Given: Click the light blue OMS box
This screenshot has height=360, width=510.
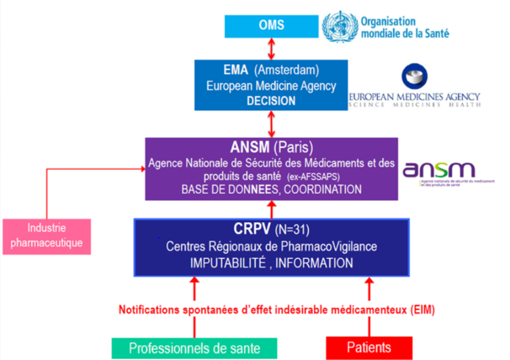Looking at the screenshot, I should coord(271,26).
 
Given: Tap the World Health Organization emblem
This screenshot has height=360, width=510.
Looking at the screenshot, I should coord(340,27).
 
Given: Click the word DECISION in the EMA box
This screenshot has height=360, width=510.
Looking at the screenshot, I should coord(271,101).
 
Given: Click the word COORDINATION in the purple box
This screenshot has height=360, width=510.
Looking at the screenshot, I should coord(322,190).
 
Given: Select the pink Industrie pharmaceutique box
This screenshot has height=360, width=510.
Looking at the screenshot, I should coord(46,236).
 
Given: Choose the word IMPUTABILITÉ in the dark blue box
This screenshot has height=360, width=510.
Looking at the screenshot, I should coord(227,263).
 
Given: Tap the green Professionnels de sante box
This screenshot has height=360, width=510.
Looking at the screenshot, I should coord(194,348).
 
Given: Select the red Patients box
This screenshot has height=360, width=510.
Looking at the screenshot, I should coord(369,347).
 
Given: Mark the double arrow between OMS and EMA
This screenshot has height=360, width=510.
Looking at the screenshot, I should coord(272,49).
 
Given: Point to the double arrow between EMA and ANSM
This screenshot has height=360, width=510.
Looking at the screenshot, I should coord(272,124).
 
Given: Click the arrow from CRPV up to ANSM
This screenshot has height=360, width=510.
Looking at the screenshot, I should coord(272,210).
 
